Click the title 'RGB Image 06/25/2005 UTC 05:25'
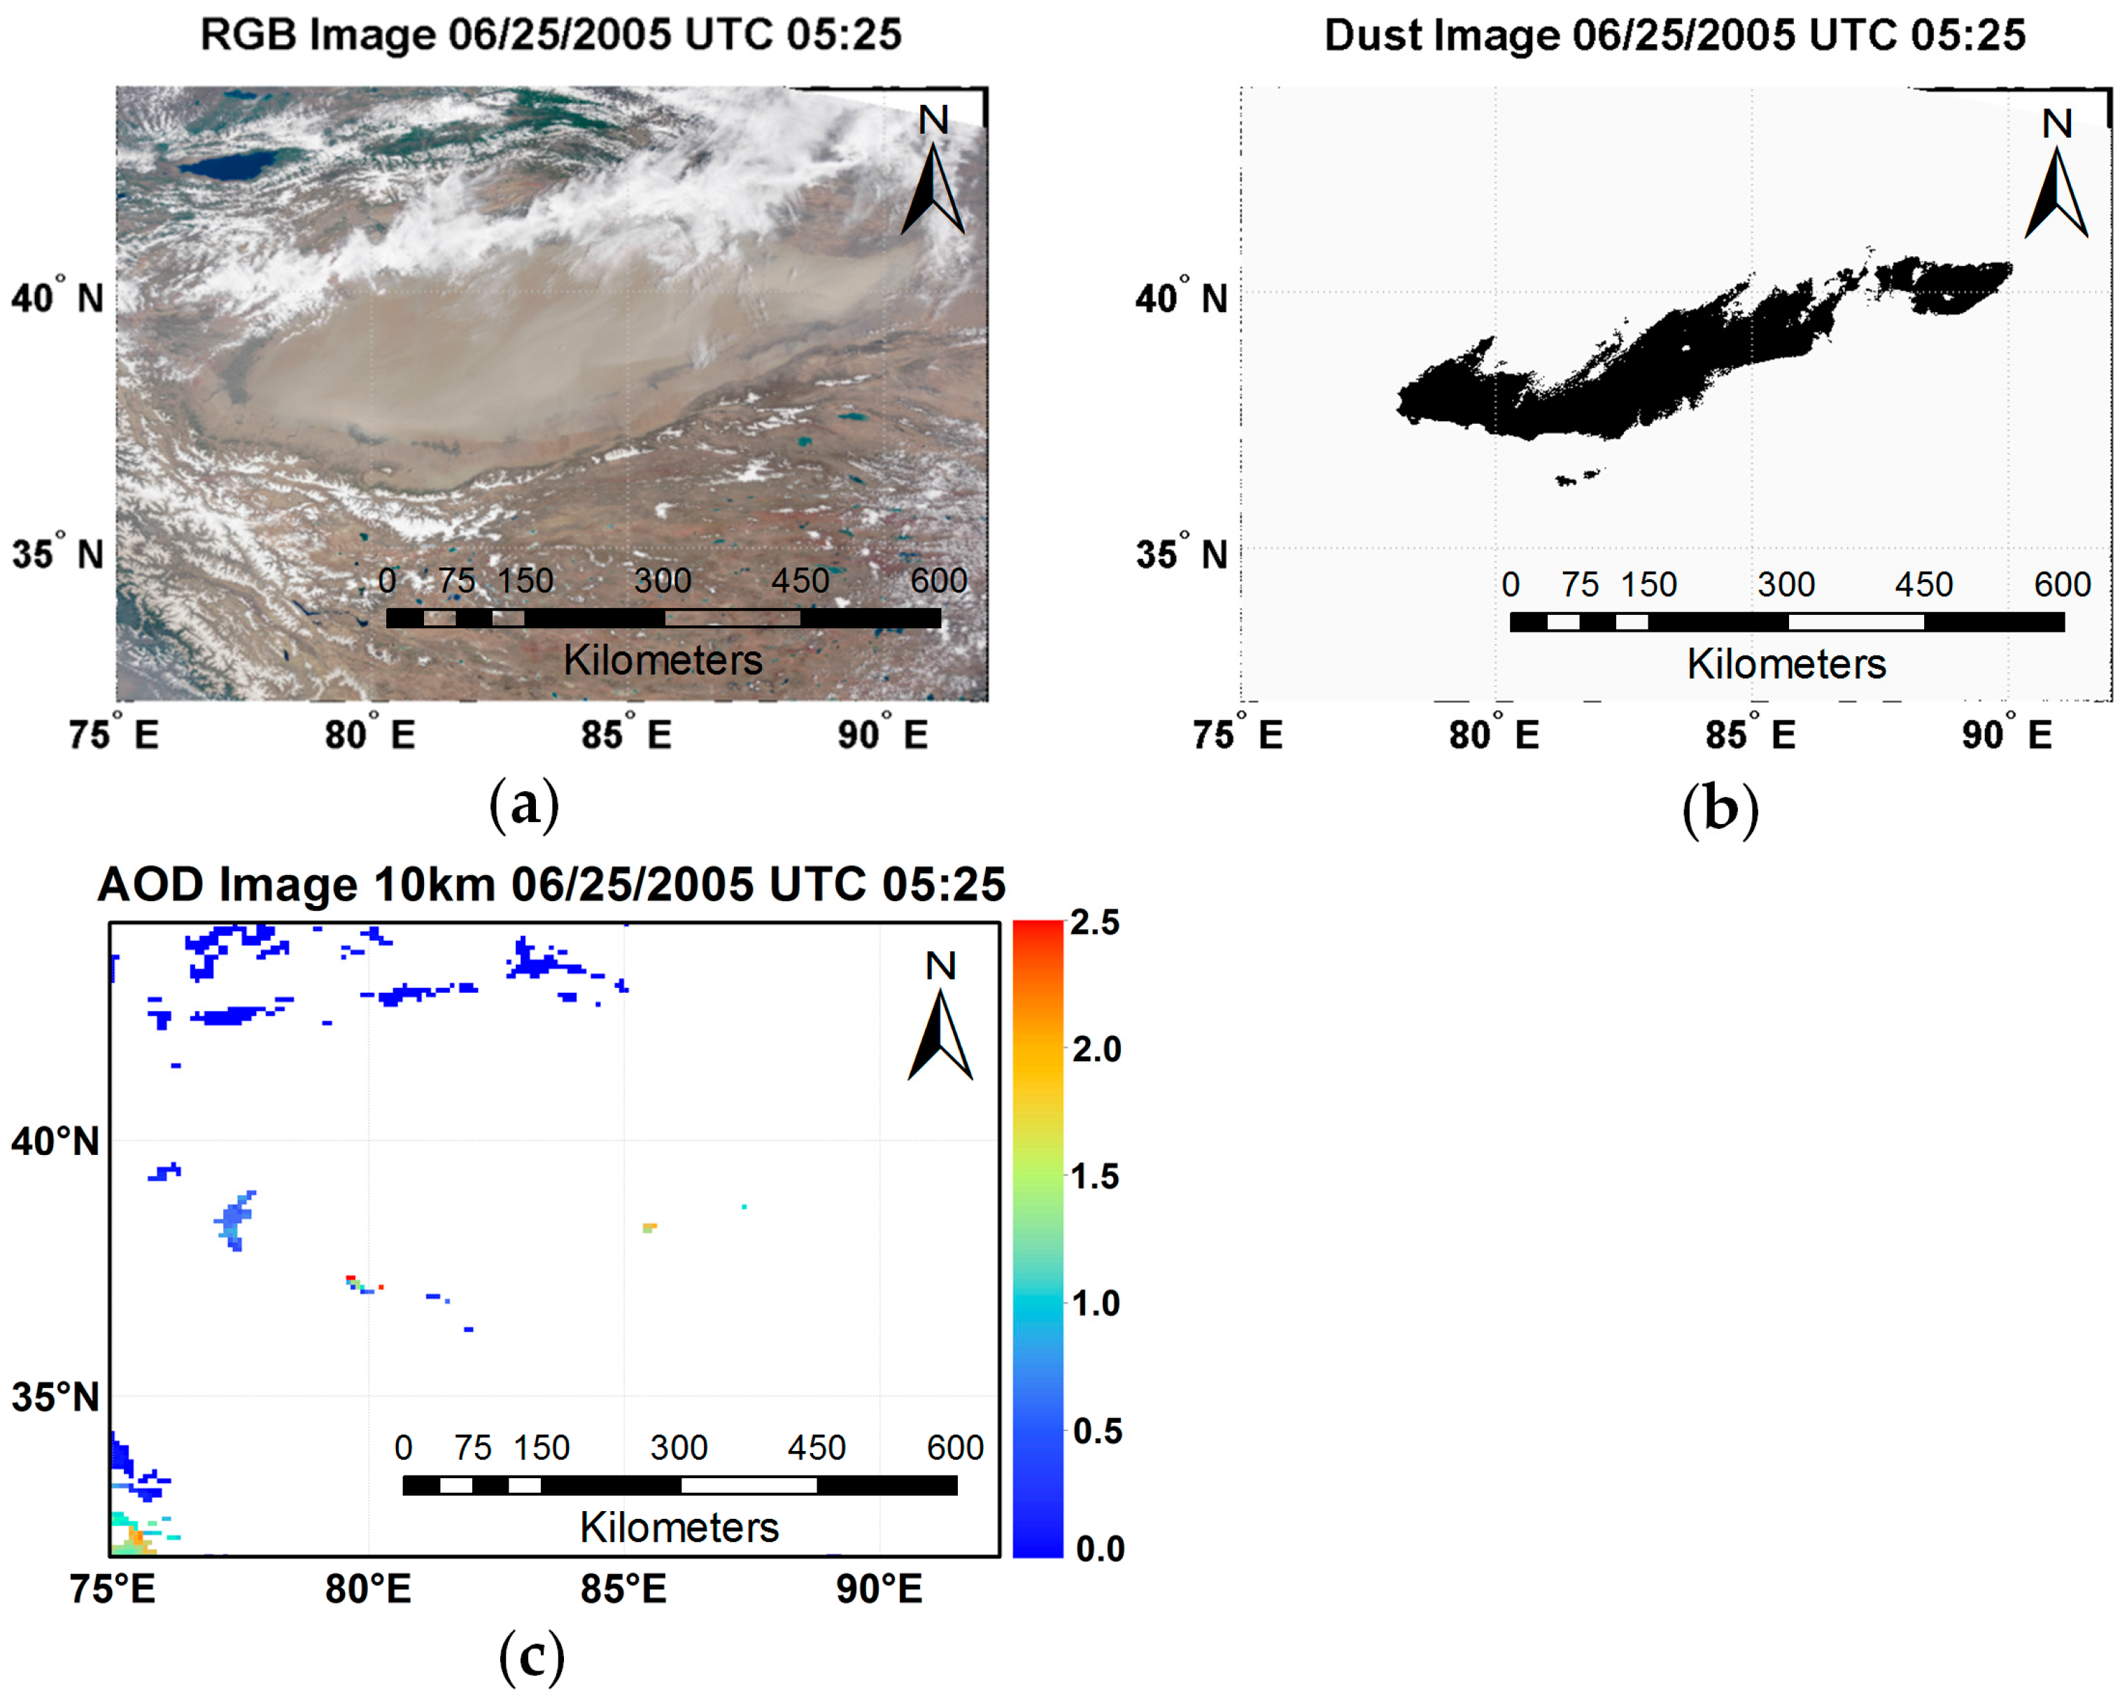click(551, 34)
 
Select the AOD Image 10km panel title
click(551, 884)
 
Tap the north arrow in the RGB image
click(932, 187)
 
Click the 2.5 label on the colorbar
click(1095, 923)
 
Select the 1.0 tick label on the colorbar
click(1095, 1303)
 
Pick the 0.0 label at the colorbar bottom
click(1098, 1549)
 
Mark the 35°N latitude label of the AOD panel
click(55, 1397)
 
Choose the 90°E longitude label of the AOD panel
click(879, 1589)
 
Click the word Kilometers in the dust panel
click(1786, 664)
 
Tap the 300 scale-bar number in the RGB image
click(662, 580)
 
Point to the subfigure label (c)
click(532, 1657)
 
